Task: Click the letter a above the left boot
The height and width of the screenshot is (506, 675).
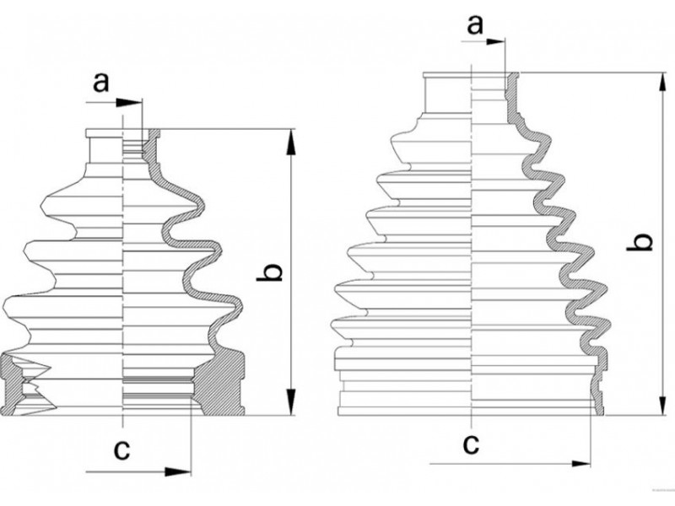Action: pyautogui.click(x=101, y=83)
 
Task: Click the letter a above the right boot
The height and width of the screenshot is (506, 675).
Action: pyautogui.click(x=475, y=25)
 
